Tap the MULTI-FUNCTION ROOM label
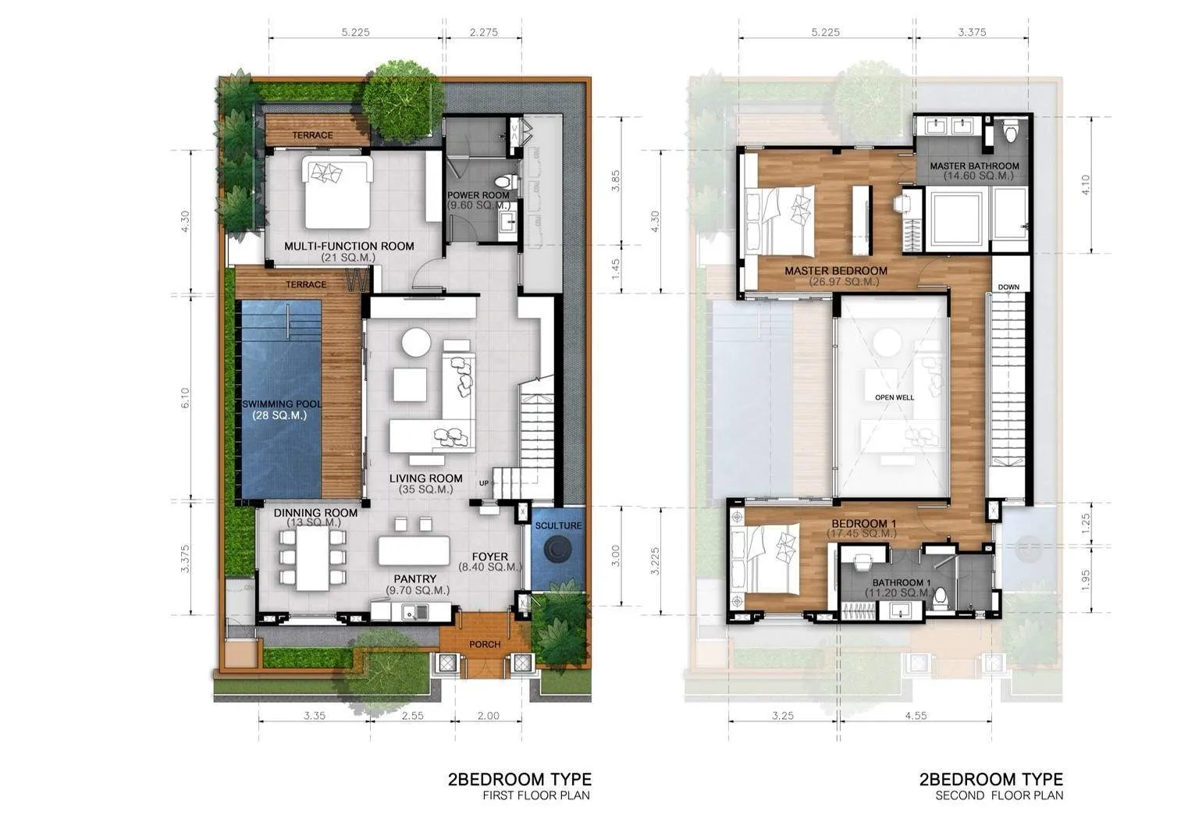349,246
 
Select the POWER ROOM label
478,195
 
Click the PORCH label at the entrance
485,644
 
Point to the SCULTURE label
559,525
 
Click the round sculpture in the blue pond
559,550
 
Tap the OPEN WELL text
894,397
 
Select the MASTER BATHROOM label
974,166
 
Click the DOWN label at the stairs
1008,287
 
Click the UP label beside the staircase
484,483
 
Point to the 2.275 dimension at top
484,33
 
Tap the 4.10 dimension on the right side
1085,184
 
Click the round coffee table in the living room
416,342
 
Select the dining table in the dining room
312,558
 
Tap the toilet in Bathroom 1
941,596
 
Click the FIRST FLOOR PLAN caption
536,796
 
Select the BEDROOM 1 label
859,524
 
